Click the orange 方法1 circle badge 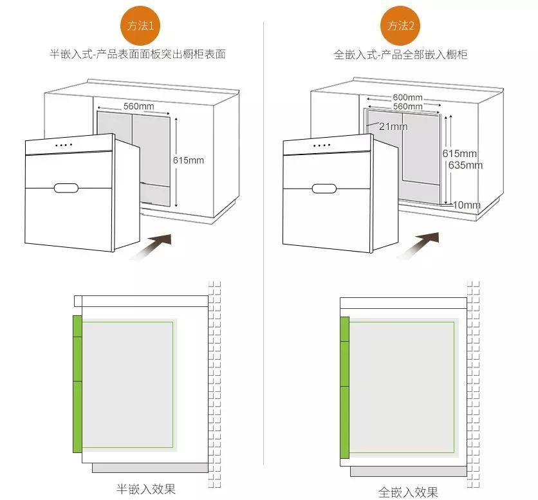(x=140, y=26)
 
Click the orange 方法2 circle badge (x=400, y=26)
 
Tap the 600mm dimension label (x=407, y=97)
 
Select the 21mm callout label (x=393, y=127)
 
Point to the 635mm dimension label (x=466, y=165)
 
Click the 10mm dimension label (x=467, y=205)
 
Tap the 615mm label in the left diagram (x=189, y=160)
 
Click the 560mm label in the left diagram (x=138, y=106)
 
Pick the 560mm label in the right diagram (x=407, y=106)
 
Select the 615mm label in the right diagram (x=459, y=153)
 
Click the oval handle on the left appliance (x=66, y=188)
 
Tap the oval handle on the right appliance (x=324, y=189)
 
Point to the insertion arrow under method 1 (x=151, y=246)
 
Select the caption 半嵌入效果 (x=146, y=489)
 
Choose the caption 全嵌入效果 (x=408, y=492)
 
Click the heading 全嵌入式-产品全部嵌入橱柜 (x=400, y=55)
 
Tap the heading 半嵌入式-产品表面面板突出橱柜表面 (x=138, y=54)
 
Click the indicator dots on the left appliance (x=64, y=145)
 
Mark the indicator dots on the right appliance (x=322, y=145)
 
